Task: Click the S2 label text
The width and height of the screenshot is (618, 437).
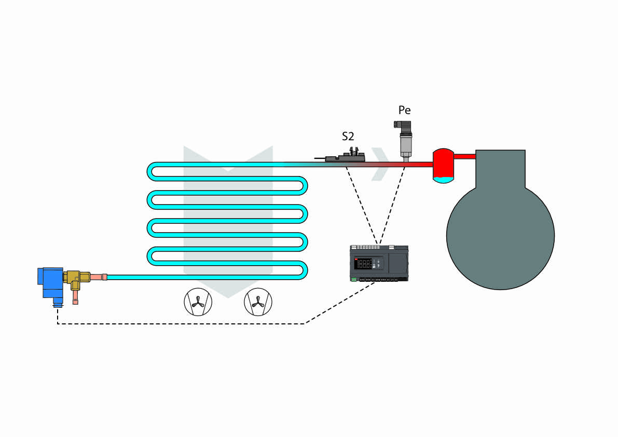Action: click(x=348, y=137)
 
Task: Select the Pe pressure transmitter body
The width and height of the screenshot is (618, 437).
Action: click(x=405, y=140)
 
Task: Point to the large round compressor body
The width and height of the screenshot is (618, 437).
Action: click(x=500, y=234)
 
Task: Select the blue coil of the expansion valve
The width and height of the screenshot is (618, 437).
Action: click(x=51, y=283)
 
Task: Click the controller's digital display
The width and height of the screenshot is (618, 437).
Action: click(x=365, y=264)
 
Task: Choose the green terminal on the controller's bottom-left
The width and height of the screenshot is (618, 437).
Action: click(x=354, y=280)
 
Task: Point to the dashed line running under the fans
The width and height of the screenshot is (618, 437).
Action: click(x=182, y=324)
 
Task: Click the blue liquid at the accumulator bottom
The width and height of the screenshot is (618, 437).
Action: click(x=443, y=180)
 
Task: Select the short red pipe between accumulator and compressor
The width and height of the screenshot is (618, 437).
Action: click(x=465, y=155)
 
